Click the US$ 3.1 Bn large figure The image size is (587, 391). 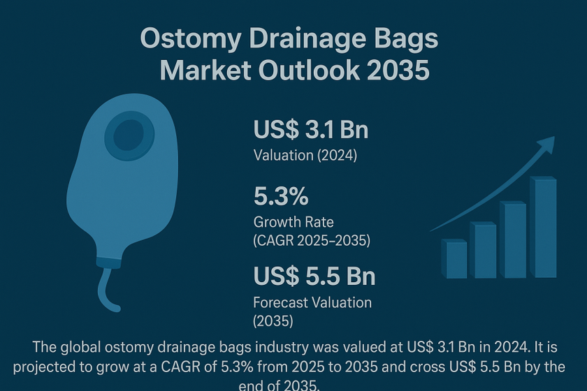(311, 130)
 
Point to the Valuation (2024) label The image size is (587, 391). (305, 155)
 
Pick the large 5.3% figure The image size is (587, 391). (281, 196)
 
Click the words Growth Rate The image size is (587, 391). (293, 222)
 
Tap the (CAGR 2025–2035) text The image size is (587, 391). (312, 240)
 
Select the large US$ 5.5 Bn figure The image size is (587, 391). (314, 276)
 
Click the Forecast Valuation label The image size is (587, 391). (312, 302)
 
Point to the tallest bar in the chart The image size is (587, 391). (543, 227)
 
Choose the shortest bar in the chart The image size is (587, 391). (454, 259)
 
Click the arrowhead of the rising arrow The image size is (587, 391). (546, 145)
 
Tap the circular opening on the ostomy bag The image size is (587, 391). (129, 135)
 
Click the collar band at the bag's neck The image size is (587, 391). (108, 263)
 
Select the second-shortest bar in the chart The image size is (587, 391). (484, 250)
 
